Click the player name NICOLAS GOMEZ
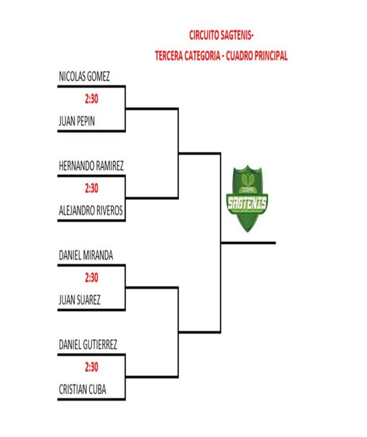84,76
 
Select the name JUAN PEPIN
77,121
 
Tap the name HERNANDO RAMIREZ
91,166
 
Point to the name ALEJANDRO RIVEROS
91,211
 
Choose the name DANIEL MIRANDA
86,255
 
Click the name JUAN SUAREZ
80,300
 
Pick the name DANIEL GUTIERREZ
88,345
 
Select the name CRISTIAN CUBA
82,389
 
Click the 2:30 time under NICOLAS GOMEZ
92,99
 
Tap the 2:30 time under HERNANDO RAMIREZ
92,188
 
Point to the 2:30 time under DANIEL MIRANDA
92,278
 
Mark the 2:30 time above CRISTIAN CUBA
92,367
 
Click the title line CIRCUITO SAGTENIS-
221,35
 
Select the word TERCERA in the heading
168,56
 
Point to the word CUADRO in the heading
239,56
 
